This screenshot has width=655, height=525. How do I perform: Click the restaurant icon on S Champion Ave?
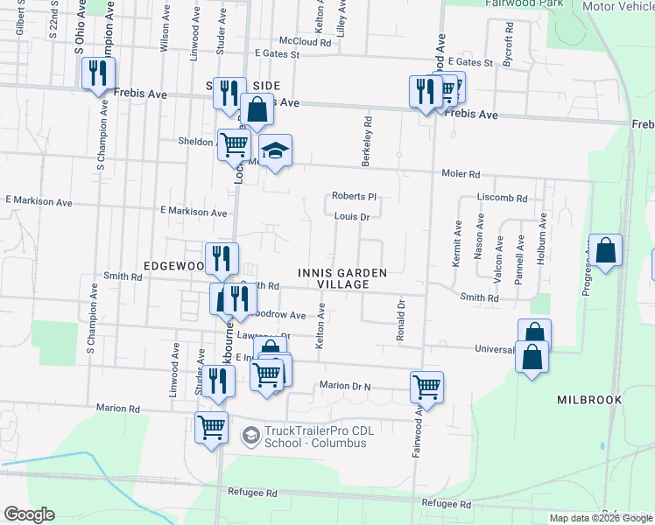(98, 73)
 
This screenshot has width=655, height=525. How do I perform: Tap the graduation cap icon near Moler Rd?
(275, 152)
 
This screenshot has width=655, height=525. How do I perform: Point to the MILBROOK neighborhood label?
(589, 400)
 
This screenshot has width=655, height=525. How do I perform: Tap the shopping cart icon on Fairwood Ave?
(426, 386)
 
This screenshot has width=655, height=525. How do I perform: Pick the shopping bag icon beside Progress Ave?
(605, 251)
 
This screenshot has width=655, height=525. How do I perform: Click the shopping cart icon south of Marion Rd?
(211, 428)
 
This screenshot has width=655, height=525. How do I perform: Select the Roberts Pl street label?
(353, 197)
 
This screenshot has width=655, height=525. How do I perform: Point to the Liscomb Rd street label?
(502, 199)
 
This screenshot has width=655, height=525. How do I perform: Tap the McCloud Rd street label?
(305, 41)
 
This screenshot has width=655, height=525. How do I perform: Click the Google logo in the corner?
(29, 514)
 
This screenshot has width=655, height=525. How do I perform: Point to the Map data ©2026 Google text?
(601, 518)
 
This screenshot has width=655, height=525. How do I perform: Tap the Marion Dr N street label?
(345, 386)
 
